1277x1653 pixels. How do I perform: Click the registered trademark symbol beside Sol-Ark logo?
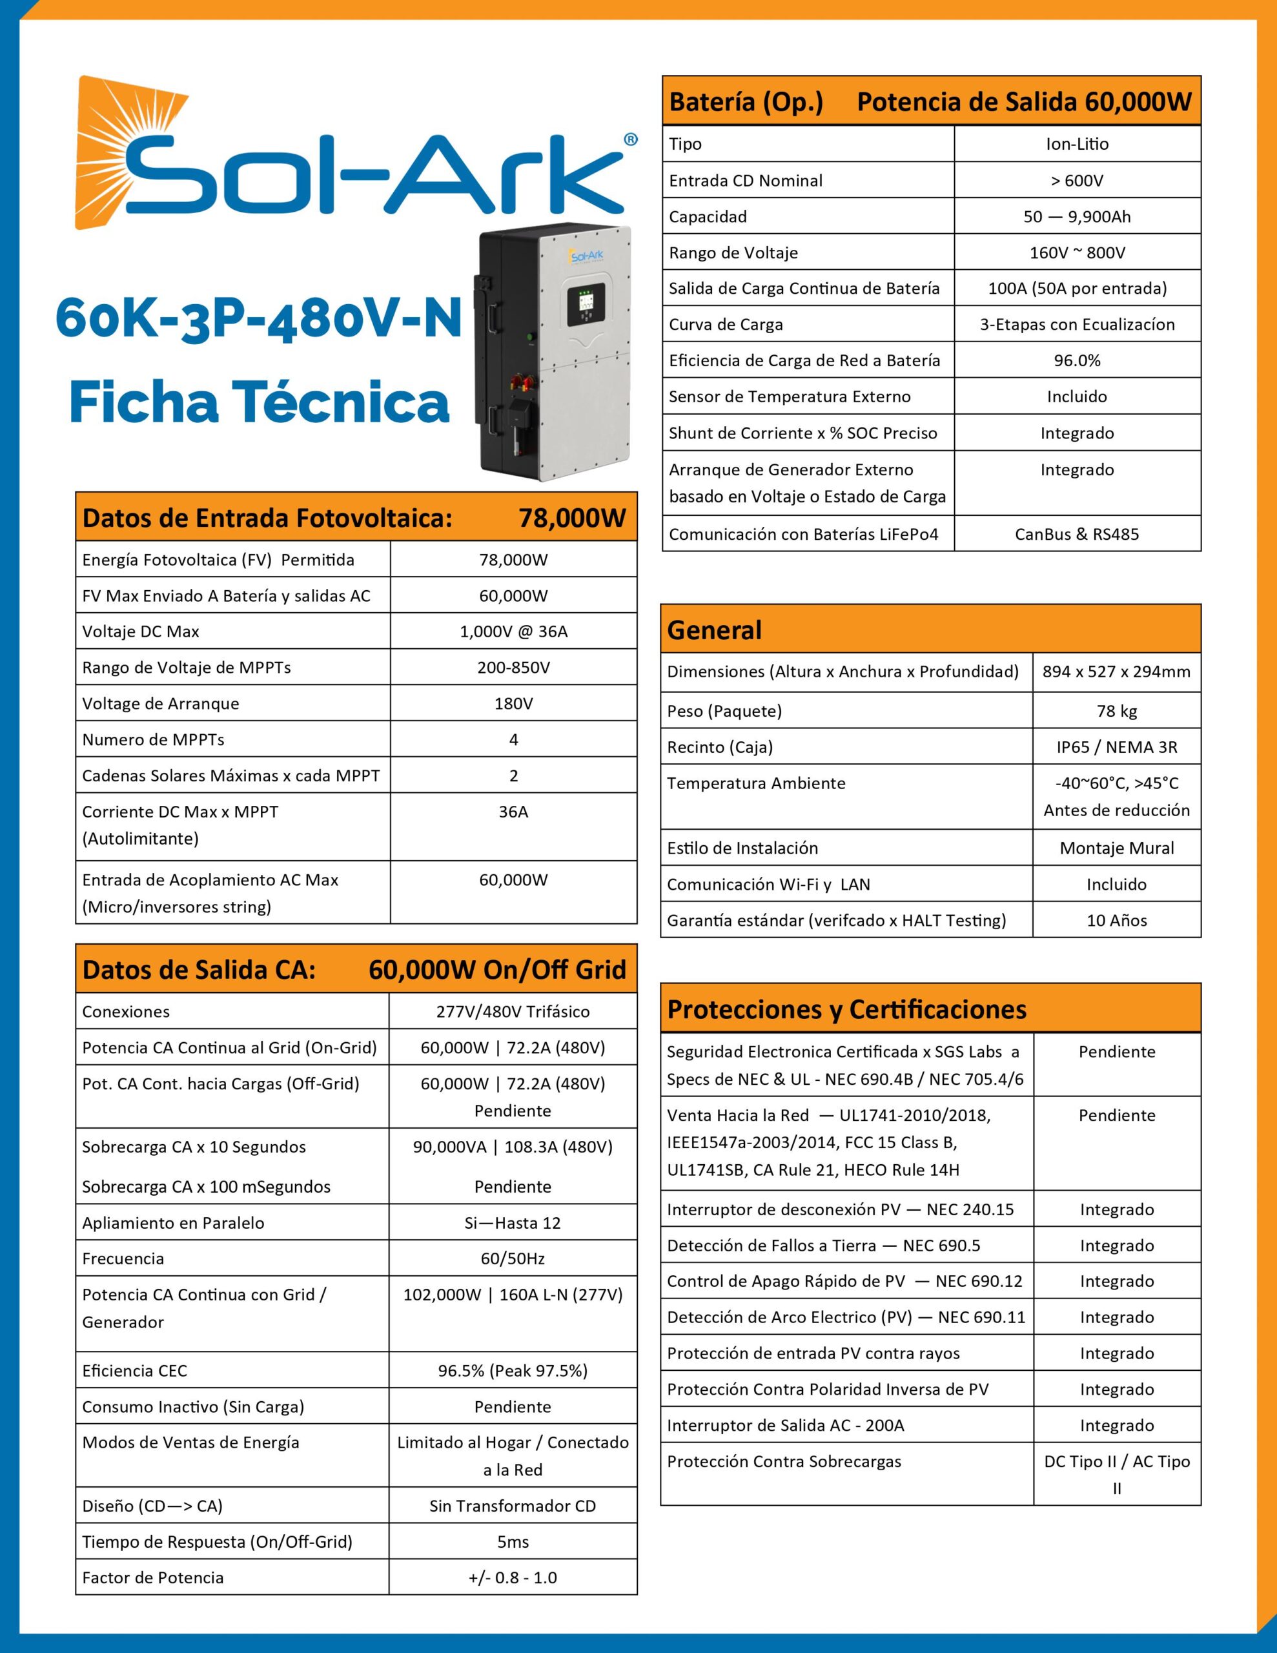(x=630, y=139)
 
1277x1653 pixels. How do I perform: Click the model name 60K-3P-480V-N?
(x=258, y=318)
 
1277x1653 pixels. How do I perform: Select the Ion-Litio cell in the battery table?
(x=1076, y=144)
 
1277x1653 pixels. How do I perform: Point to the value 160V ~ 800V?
(x=1076, y=253)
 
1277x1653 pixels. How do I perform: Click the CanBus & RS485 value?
(x=1076, y=535)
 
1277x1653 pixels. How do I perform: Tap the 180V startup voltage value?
(x=513, y=703)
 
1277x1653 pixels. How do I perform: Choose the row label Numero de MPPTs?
(x=154, y=739)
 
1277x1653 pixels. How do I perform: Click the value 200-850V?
(x=513, y=668)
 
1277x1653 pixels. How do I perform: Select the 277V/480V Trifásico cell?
(x=513, y=1011)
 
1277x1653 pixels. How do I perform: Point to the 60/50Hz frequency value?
(x=513, y=1258)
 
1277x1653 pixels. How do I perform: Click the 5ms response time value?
(x=513, y=1542)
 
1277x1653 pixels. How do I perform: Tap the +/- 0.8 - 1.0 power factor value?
(x=513, y=1578)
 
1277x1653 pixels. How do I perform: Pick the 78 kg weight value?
(x=1116, y=711)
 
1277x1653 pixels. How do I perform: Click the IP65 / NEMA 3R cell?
(x=1116, y=747)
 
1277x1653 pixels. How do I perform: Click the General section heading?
(x=715, y=630)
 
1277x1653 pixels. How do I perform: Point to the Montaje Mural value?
(x=1116, y=848)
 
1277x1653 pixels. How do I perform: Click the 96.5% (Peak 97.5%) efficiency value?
(x=513, y=1371)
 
